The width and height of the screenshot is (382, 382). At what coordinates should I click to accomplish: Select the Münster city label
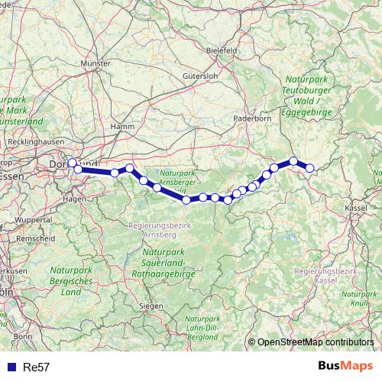[x=95, y=64]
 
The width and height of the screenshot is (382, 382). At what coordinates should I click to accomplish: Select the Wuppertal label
[x=31, y=219]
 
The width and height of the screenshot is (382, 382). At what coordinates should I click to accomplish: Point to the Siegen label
[x=150, y=306]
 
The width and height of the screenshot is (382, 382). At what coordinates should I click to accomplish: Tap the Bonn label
[x=22, y=335]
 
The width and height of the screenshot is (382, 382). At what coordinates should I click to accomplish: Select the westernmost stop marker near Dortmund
[x=72, y=163]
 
